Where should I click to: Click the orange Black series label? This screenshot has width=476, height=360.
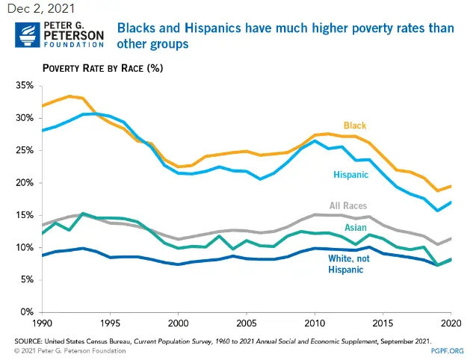tap(355, 125)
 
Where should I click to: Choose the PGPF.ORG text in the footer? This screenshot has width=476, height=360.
tap(448, 350)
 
